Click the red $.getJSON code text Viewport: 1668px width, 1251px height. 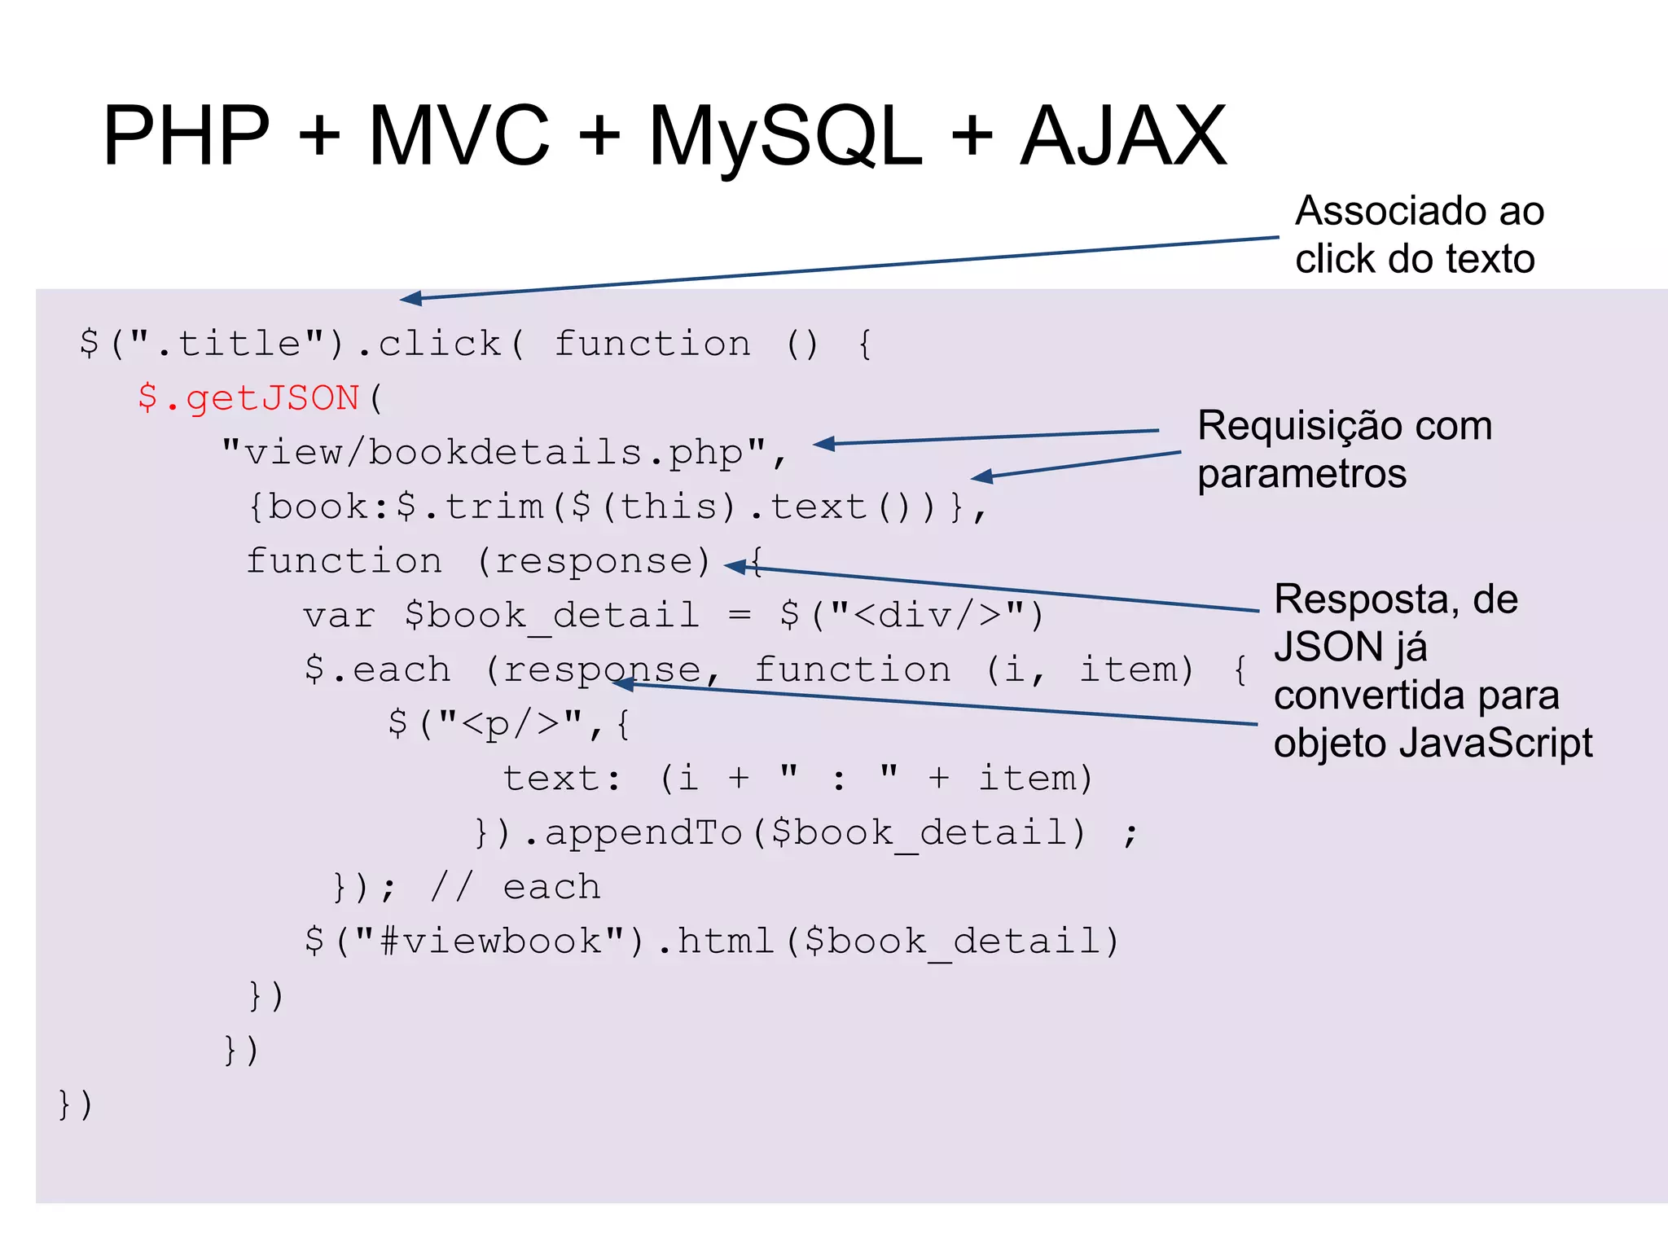pyautogui.click(x=248, y=398)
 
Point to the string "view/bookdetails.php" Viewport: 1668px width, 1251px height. pyautogui.click(x=494, y=452)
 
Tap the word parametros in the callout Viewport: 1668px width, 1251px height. pyautogui.click(x=1301, y=474)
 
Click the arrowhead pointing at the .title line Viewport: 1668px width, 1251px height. pyautogui.click(x=410, y=299)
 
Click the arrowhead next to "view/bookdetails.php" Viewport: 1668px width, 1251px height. pyautogui.click(x=824, y=444)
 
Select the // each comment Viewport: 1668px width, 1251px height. pyautogui.click(x=515, y=887)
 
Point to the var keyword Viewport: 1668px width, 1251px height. pyautogui.click(x=339, y=616)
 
